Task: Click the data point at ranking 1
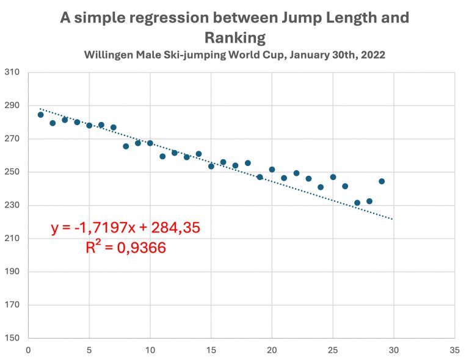coord(40,115)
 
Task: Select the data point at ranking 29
coord(382,181)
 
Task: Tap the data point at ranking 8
coord(126,146)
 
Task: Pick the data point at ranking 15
coord(211,166)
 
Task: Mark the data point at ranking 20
coord(272,170)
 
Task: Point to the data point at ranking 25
coord(333,177)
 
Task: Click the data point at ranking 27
coord(357,203)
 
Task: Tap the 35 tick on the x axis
coord(454,351)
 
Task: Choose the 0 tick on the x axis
coord(28,351)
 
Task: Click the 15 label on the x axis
coord(211,351)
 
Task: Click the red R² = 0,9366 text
coord(125,248)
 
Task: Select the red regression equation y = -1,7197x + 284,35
coord(125,229)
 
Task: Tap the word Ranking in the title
coord(235,38)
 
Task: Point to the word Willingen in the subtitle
coord(107,54)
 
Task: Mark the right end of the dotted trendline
coord(393,219)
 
